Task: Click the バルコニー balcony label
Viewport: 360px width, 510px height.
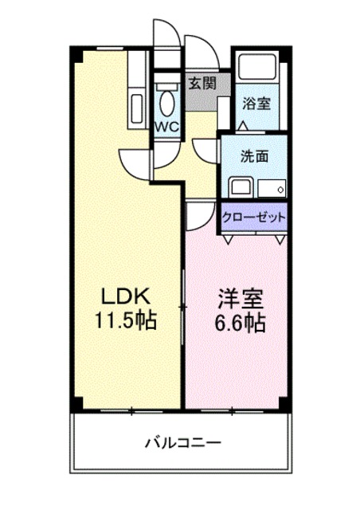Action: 182,441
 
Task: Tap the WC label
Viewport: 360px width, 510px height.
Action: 166,125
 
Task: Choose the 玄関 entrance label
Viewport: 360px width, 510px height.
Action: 201,82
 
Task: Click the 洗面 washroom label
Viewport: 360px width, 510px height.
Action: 255,156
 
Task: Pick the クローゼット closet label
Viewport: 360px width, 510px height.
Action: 252,216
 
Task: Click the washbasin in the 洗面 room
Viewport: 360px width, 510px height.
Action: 240,187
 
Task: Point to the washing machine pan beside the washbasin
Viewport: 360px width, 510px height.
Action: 271,187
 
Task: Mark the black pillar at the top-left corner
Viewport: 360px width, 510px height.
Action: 74,54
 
